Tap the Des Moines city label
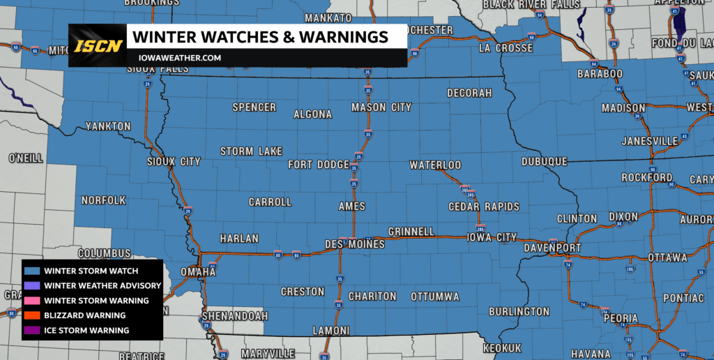(x=355, y=243)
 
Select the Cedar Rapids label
(x=484, y=207)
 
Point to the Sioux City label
(x=174, y=161)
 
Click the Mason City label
(x=381, y=107)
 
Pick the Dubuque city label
(x=545, y=161)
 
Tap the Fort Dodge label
(x=318, y=165)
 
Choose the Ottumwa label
(x=435, y=297)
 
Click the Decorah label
(x=470, y=93)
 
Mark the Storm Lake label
(x=251, y=151)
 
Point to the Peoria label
(x=620, y=318)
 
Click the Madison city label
(x=623, y=108)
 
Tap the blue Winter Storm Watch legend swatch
(x=32, y=271)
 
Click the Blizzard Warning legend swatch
(x=32, y=315)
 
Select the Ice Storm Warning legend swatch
(x=32, y=330)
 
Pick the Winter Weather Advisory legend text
(x=102, y=285)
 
